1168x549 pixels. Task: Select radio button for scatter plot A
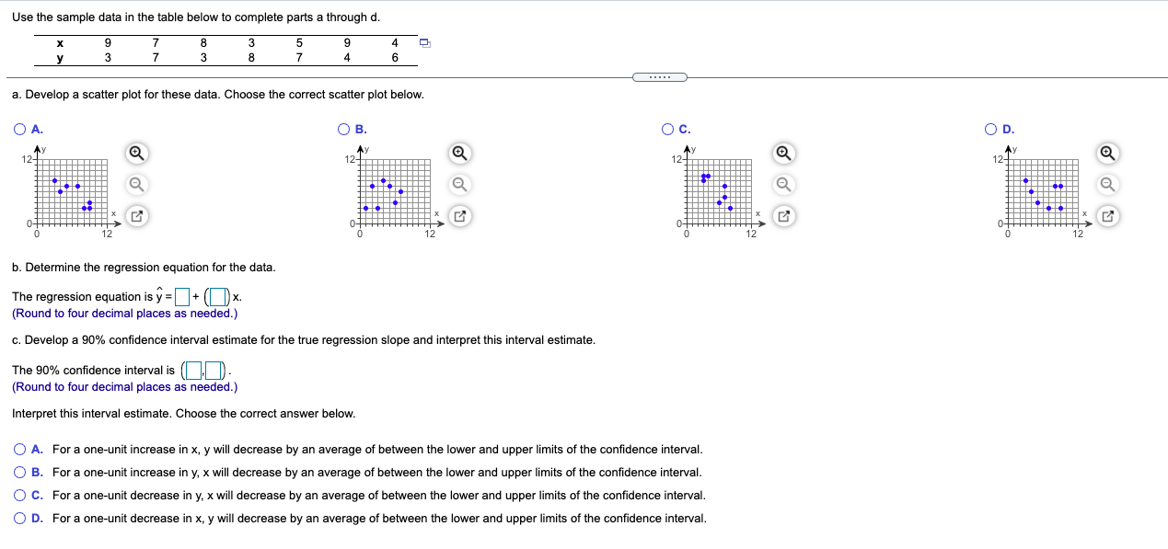(19, 130)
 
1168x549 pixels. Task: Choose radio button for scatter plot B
(343, 130)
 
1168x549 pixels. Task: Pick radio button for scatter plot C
(667, 130)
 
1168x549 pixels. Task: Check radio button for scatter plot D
(990, 130)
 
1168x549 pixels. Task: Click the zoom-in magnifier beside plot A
(135, 152)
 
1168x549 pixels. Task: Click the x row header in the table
(60, 42)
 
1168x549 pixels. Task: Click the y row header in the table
(60, 57)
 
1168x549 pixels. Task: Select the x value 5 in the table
(299, 42)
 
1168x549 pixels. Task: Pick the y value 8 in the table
(251, 57)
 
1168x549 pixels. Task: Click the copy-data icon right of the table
(424, 42)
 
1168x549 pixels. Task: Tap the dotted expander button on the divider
(659, 76)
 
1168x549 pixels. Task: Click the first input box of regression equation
(181, 296)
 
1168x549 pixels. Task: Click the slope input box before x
(217, 296)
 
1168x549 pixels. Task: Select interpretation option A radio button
(19, 450)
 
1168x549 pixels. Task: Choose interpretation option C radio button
(19, 496)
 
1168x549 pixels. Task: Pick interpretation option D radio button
(19, 519)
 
